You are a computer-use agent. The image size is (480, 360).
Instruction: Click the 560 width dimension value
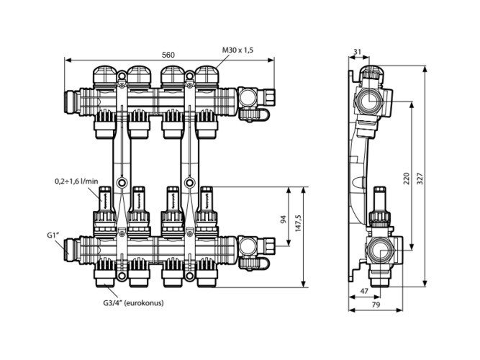(x=168, y=55)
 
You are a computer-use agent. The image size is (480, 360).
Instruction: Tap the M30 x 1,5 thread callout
(x=237, y=50)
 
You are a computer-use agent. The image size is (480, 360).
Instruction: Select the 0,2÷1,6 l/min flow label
(x=76, y=181)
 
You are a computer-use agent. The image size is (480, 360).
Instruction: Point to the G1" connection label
(x=53, y=235)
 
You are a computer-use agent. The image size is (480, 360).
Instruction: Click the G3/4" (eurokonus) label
(x=133, y=303)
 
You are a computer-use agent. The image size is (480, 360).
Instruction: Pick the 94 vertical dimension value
(x=283, y=219)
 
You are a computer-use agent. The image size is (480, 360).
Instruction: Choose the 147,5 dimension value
(x=299, y=222)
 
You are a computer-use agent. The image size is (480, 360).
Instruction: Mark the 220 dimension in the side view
(x=406, y=179)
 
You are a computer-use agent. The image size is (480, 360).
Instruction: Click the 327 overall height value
(x=420, y=179)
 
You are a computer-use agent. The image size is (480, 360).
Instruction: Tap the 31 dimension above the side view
(x=357, y=52)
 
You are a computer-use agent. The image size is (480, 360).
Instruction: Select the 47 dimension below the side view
(x=364, y=291)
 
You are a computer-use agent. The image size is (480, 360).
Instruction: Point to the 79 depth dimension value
(x=376, y=305)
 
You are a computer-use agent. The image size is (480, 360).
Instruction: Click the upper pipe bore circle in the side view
(x=368, y=101)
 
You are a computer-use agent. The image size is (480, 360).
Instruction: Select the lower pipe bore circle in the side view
(x=379, y=250)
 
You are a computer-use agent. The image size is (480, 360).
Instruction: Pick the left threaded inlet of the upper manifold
(x=72, y=102)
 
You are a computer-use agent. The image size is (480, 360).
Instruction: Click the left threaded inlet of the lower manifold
(x=72, y=250)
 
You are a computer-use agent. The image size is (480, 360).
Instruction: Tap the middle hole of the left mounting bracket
(x=122, y=183)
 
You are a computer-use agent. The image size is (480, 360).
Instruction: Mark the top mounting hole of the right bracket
(x=190, y=76)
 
